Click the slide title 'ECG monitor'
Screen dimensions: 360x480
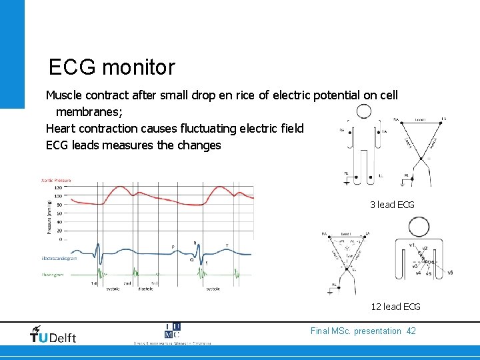[x=111, y=67]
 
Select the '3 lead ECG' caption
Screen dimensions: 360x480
[x=392, y=205]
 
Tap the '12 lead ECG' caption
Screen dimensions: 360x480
[x=395, y=307]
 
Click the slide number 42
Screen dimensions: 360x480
[x=411, y=331]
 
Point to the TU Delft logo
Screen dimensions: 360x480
[x=53, y=335]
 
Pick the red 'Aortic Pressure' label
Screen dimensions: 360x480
[x=56, y=180]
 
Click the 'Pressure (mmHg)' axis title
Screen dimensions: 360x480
[x=49, y=216]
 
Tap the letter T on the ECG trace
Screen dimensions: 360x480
[x=227, y=246]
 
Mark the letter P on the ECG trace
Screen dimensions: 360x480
[x=173, y=247]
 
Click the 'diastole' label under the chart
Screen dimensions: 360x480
[x=145, y=289]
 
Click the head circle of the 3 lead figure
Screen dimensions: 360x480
[x=364, y=112]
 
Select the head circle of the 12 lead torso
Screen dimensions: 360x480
[x=419, y=227]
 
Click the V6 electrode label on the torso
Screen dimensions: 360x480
[x=451, y=272]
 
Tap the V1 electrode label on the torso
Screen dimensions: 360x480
[x=412, y=245]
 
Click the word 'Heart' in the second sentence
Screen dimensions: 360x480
[x=62, y=128]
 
